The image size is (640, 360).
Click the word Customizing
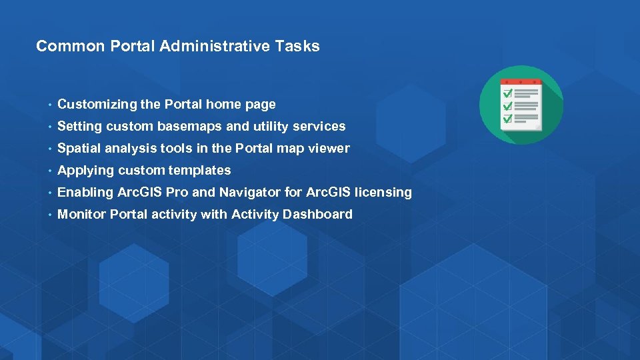pyautogui.click(x=97, y=104)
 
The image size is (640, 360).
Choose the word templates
pyautogui.click(x=199, y=170)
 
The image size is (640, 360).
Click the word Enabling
pyautogui.click(x=85, y=192)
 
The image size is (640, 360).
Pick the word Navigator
pyautogui.click(x=250, y=192)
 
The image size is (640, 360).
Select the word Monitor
pyautogui.click(x=82, y=214)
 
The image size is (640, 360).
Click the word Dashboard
pyautogui.click(x=317, y=214)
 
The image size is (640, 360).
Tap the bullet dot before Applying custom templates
pyautogui.click(x=49, y=171)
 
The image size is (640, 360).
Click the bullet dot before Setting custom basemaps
pyautogui.click(x=49, y=127)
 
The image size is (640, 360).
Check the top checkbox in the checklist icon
pyautogui.click(x=507, y=93)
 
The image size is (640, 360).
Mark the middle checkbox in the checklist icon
pyautogui.click(x=507, y=106)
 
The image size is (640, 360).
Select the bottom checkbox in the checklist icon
pyautogui.click(x=507, y=119)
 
